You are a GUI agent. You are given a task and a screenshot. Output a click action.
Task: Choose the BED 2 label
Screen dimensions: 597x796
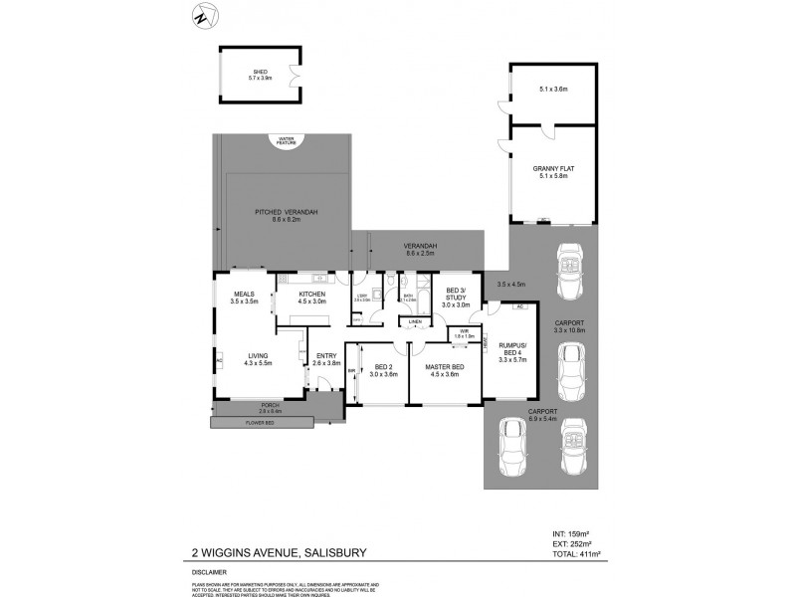[383, 369]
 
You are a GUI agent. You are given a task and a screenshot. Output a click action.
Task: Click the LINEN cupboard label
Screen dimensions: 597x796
[414, 321]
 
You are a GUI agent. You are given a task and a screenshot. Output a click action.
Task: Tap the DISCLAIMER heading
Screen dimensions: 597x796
[211, 572]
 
